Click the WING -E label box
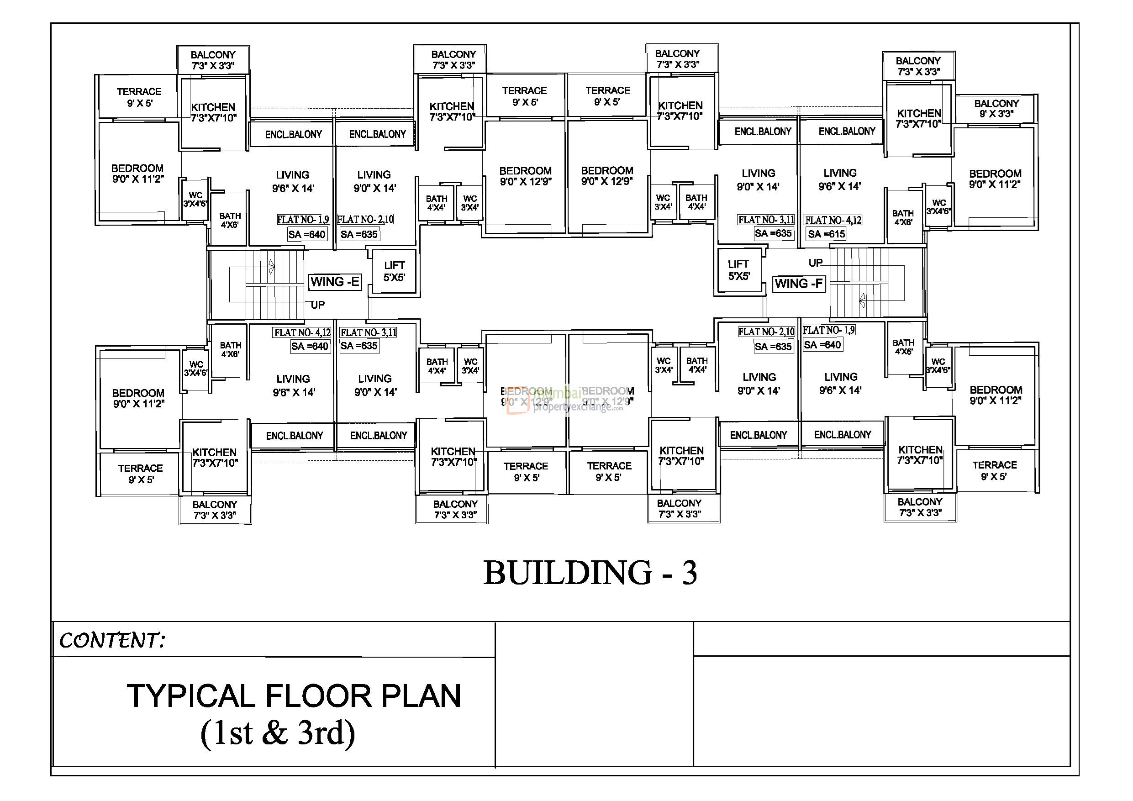[x=335, y=282]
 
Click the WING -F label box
[x=798, y=284]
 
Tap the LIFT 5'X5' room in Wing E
[x=394, y=272]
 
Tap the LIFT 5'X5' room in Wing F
[x=739, y=270]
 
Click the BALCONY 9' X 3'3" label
[x=996, y=109]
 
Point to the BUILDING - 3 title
[x=590, y=573]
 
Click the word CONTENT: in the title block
[x=111, y=641]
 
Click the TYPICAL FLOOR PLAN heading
[x=294, y=696]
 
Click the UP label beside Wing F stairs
[x=815, y=263]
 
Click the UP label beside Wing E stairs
[x=317, y=305]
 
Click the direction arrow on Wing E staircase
[x=271, y=267]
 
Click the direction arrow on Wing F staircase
[x=862, y=300]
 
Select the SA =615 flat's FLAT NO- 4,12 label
[x=833, y=220]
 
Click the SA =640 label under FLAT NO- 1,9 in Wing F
[x=822, y=345]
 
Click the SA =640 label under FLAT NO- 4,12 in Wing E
[x=310, y=347]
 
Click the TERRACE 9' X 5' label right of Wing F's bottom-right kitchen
[x=994, y=471]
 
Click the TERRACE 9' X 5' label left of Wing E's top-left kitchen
[x=139, y=97]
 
